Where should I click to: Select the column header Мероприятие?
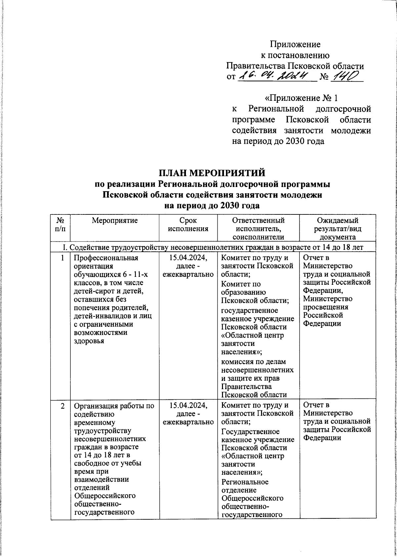tap(114, 221)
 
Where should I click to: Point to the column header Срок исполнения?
tap(188, 224)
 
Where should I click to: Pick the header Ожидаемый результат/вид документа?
tap(337, 228)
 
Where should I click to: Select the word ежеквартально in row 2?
tap(188, 422)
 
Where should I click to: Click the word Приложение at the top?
tap(295, 44)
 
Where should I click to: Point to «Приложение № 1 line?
tap(301, 98)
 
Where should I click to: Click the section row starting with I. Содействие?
tap(213, 247)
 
